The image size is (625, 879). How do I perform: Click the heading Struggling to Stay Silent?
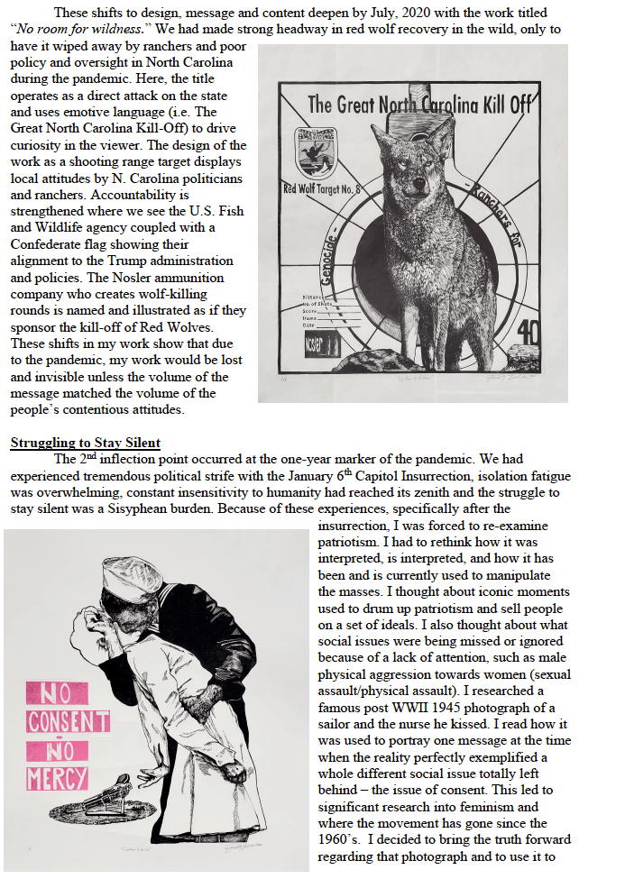tap(85, 442)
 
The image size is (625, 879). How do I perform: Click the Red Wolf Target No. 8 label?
tap(327, 188)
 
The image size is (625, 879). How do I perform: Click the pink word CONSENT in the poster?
tap(68, 721)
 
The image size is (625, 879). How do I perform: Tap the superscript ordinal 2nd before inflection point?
tap(85, 457)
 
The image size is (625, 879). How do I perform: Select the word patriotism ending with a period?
tap(352, 542)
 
